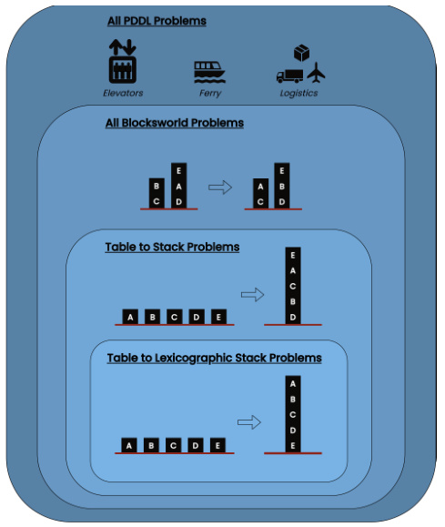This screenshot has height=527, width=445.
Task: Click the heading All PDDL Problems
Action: click(157, 20)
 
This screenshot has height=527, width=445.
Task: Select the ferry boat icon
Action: click(209, 72)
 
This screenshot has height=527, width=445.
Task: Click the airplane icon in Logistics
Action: click(316, 72)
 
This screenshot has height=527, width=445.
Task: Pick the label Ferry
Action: click(209, 93)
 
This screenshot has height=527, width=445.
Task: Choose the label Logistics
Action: click(299, 93)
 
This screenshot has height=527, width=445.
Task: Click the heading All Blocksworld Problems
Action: click(174, 123)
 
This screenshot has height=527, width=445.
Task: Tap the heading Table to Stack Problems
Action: click(172, 247)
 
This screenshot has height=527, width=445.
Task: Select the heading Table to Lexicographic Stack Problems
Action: click(214, 359)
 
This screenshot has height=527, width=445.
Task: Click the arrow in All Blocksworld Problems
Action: click(220, 187)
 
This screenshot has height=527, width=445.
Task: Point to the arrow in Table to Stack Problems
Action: click(252, 294)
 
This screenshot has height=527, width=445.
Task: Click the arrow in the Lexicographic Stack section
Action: click(248, 421)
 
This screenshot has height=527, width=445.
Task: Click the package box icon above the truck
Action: click(302, 53)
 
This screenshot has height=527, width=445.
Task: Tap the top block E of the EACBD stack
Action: click(292, 256)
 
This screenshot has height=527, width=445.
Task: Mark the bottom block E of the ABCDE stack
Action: click(292, 445)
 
